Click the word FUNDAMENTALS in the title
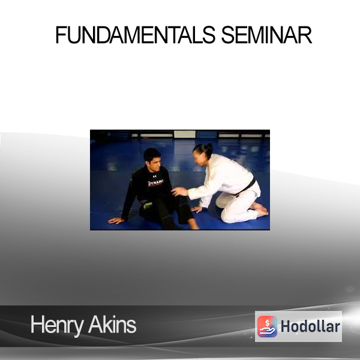click(x=135, y=35)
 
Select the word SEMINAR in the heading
click(x=266, y=35)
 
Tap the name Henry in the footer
click(x=57, y=325)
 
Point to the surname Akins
click(x=112, y=324)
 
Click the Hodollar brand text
click(x=310, y=326)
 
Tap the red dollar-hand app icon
click(x=267, y=326)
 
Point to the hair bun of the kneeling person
click(x=209, y=146)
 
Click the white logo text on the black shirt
click(x=155, y=183)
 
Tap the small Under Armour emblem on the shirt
click(x=155, y=176)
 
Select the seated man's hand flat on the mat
click(x=116, y=221)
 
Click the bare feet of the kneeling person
click(x=260, y=209)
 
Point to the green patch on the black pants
click(x=148, y=205)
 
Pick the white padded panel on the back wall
click(x=185, y=134)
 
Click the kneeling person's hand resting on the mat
click(x=197, y=209)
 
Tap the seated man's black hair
click(x=152, y=154)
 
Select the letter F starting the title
click(x=61, y=35)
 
